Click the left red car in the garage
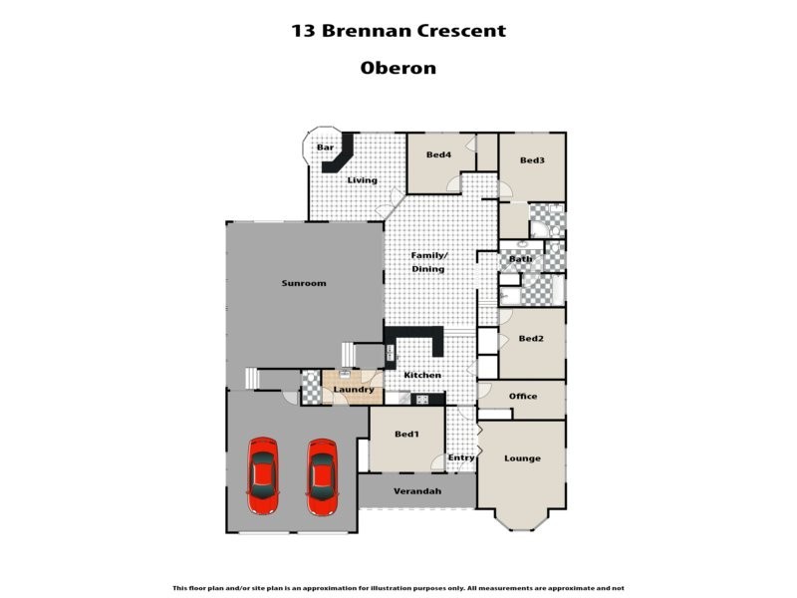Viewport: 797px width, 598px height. pos(263,476)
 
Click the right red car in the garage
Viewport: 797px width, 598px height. pos(321,476)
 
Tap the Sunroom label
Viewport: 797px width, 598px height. pos(304,283)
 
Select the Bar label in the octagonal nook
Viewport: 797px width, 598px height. pos(325,148)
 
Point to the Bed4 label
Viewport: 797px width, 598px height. pos(438,154)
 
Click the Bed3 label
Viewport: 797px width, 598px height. pos(532,160)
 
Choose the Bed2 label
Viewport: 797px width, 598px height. pos(531,339)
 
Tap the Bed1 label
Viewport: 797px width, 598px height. pos(406,435)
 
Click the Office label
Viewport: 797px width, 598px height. pos(523,396)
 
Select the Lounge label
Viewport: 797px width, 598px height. pos(522,458)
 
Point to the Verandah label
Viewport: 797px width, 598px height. pos(416,491)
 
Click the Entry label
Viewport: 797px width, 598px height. pos(461,457)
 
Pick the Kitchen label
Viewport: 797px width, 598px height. pos(422,375)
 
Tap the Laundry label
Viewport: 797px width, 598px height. pos(354,389)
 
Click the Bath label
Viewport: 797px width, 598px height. pos(520,259)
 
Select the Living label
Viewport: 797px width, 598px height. pos(363,180)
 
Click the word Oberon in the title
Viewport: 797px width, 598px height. pos(398,69)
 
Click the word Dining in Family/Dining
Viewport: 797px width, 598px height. pos(428,269)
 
